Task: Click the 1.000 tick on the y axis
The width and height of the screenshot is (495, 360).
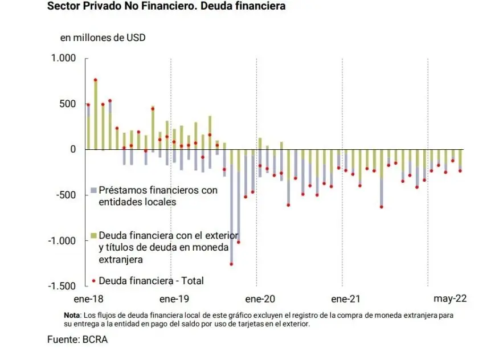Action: click(63, 58)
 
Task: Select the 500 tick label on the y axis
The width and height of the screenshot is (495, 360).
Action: click(68, 104)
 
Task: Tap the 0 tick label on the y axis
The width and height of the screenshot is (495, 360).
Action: click(72, 149)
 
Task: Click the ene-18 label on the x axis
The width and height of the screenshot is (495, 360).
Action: click(88, 298)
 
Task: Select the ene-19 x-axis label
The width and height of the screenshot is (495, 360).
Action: click(174, 298)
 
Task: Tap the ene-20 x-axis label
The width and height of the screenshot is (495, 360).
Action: click(260, 298)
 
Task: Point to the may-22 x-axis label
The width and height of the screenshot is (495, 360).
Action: click(450, 298)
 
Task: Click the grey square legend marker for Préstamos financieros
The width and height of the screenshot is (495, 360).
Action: click(94, 190)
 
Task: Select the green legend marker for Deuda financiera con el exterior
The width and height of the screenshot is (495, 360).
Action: click(94, 235)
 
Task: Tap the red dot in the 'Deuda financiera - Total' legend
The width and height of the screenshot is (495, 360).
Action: click(94, 281)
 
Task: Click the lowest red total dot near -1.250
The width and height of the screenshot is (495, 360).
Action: click(231, 264)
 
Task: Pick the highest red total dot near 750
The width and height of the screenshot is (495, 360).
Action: click(96, 80)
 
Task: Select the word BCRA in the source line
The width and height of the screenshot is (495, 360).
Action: click(94, 339)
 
